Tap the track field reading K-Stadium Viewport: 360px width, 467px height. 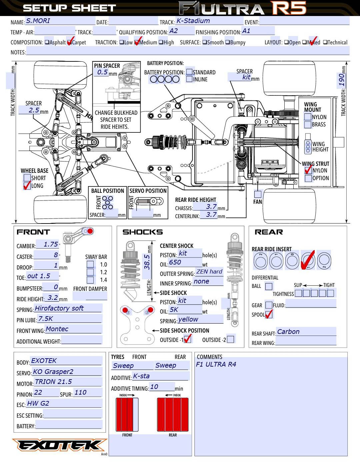209,21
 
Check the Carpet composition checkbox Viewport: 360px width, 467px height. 70,42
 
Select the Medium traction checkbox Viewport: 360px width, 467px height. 137,42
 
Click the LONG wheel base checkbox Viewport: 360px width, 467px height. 27,186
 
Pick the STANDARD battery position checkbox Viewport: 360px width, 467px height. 189,72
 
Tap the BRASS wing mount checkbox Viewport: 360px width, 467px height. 308,124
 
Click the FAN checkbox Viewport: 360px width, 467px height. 258,194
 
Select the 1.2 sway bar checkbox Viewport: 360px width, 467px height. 90,272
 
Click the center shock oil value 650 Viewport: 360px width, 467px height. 185,263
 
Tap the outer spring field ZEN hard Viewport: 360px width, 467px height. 209,272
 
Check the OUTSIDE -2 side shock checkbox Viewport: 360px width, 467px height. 230,339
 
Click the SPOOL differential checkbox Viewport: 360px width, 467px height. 269,314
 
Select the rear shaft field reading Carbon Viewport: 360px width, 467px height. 306,332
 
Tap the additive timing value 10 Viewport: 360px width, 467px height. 162,387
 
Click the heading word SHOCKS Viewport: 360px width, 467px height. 142,232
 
